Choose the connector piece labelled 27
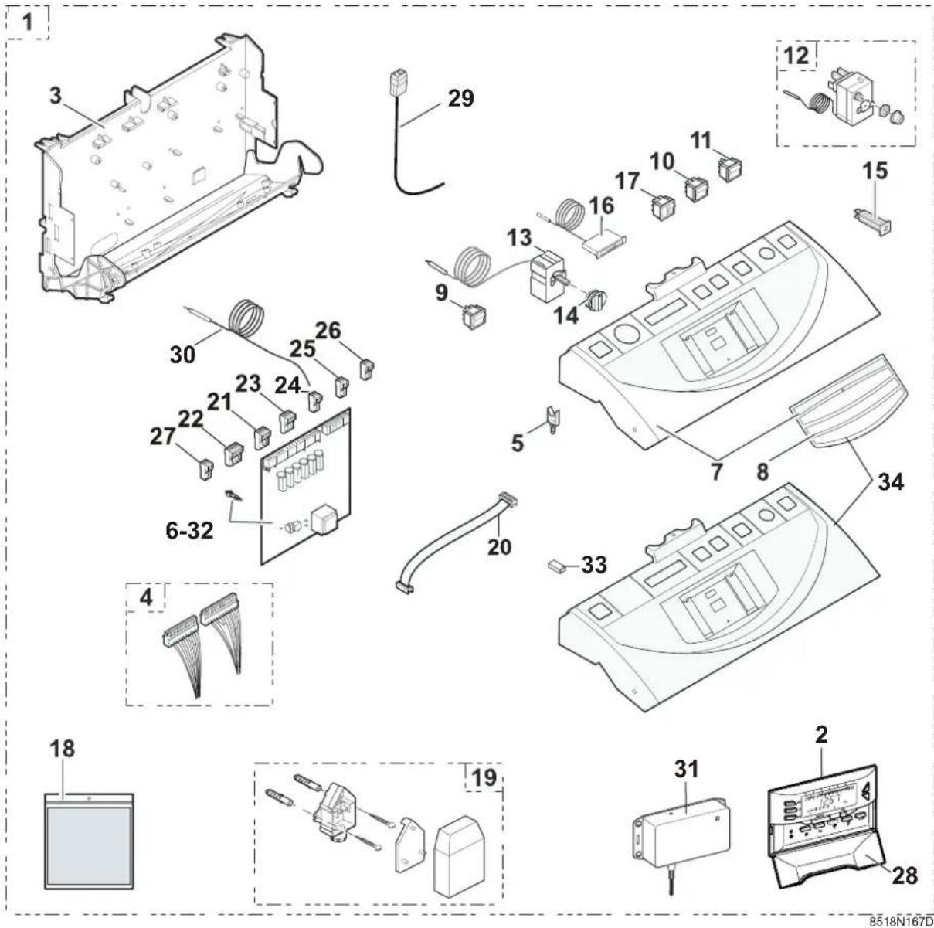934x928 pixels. pos(206,469)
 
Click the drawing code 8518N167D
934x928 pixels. pos(901,920)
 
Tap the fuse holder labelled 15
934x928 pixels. pos(872,221)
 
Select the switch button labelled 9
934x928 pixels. pos(474,315)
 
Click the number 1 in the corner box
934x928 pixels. pos(29,22)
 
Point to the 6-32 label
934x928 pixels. pos(189,531)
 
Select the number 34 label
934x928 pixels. pos(891,482)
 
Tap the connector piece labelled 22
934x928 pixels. pos(233,454)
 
